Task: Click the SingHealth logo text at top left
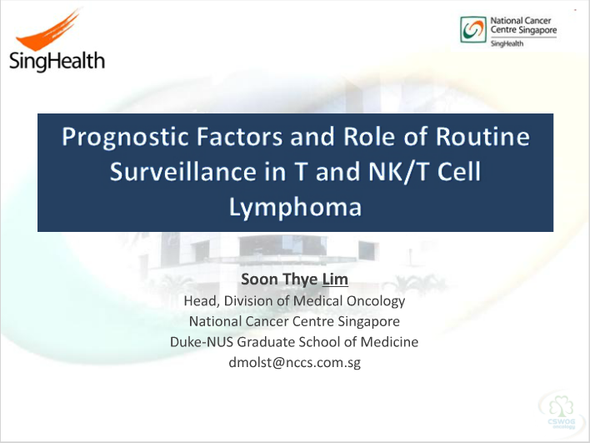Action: [x=57, y=62]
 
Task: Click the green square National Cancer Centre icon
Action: [x=473, y=29]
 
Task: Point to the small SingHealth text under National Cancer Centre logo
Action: [x=507, y=43]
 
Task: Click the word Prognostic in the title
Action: [x=125, y=137]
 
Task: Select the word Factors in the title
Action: [x=239, y=136]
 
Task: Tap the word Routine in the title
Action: [x=482, y=136]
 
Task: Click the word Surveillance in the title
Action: [x=182, y=171]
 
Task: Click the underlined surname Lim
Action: [x=335, y=279]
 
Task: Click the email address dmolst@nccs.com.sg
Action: [x=295, y=362]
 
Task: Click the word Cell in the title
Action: [x=459, y=171]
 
